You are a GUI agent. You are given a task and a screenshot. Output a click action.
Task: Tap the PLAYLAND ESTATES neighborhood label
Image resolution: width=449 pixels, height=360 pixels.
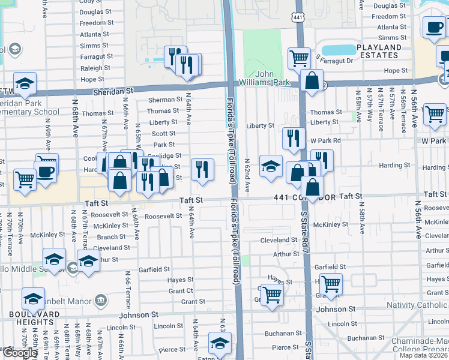(x=385, y=51)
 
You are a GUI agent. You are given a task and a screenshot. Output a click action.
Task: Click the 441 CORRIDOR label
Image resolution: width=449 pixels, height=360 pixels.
(x=303, y=197)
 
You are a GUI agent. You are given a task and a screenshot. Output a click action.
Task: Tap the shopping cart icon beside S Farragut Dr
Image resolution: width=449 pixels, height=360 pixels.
(x=299, y=59)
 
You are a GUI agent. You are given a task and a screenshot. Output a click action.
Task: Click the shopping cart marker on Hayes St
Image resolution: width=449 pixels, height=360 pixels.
(x=331, y=283)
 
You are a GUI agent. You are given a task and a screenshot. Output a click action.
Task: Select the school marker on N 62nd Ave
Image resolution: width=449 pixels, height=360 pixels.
(x=271, y=166)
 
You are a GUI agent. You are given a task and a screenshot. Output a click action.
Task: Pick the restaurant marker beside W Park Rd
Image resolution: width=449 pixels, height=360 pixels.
(x=294, y=138)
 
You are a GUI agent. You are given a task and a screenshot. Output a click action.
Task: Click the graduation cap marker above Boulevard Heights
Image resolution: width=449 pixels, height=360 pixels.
(x=33, y=298)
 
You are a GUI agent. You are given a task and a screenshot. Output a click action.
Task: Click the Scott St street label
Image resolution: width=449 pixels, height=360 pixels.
(x=163, y=134)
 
